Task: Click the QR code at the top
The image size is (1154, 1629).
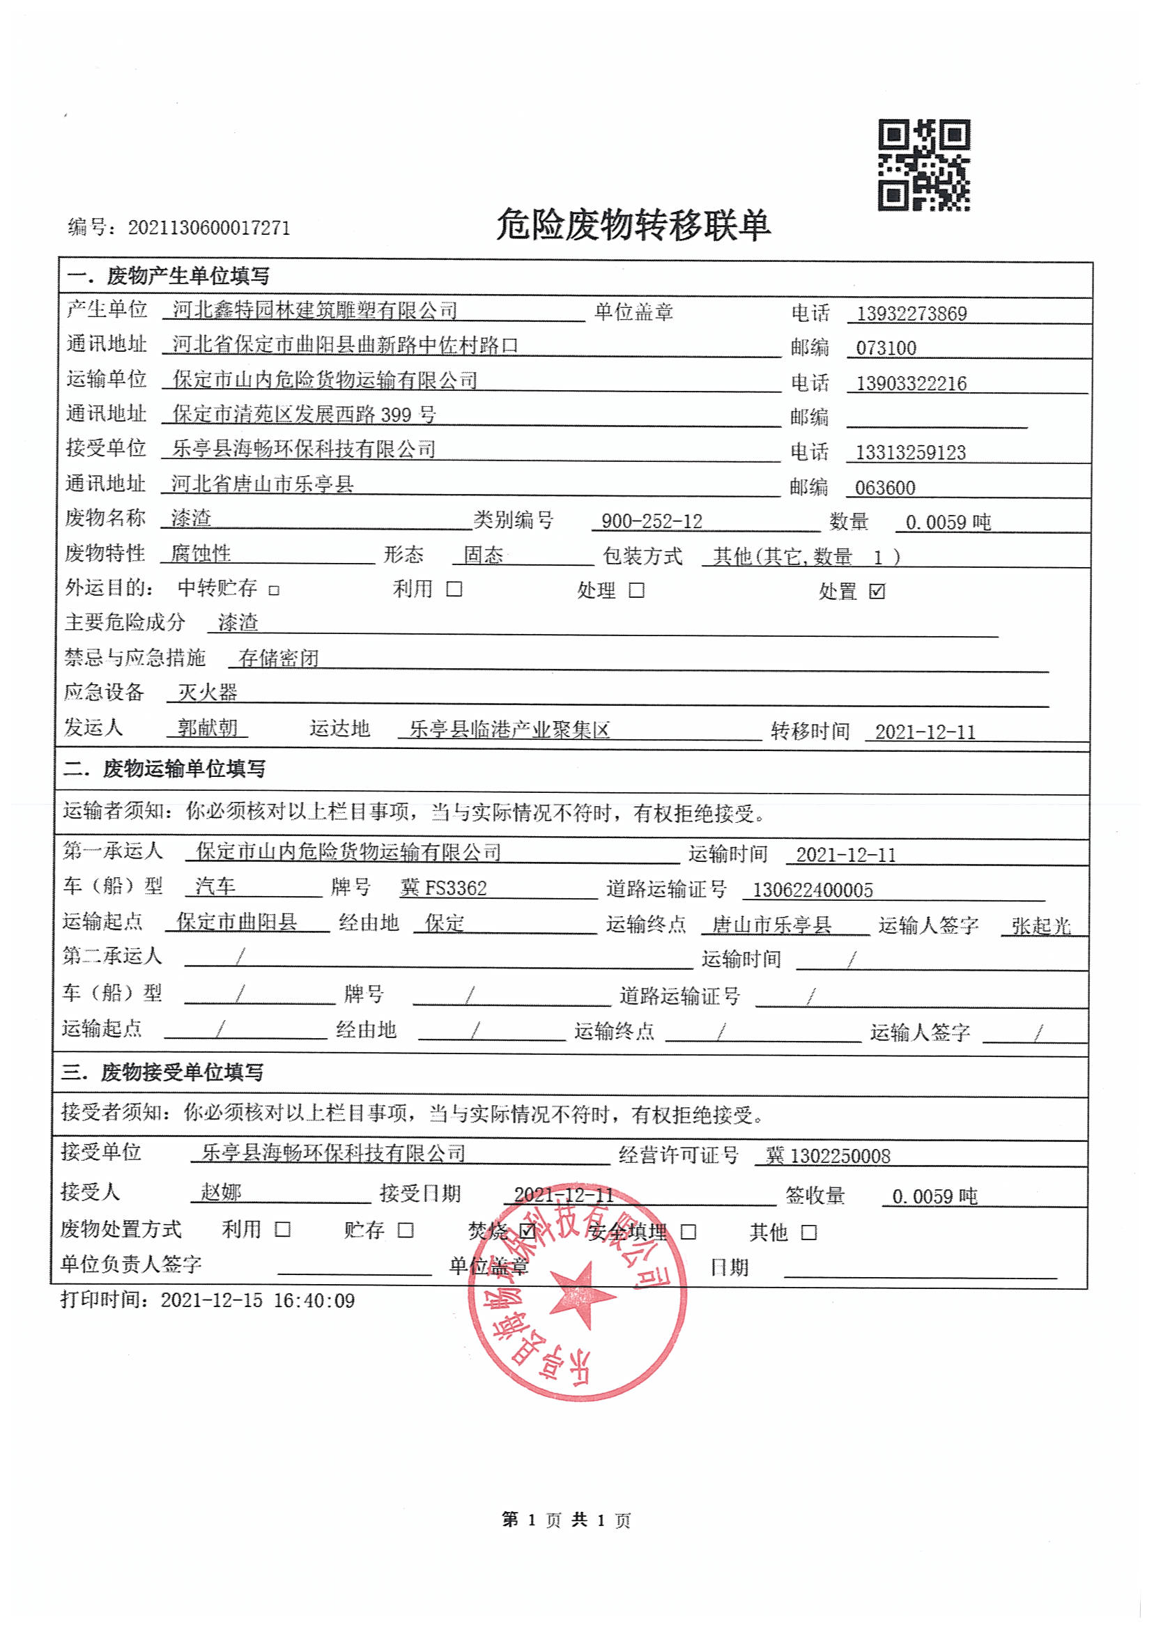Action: [924, 165]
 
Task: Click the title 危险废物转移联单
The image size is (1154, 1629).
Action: [633, 226]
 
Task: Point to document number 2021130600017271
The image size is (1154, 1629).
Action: [209, 228]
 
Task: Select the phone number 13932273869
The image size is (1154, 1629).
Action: [911, 314]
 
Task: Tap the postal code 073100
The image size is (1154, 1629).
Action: [886, 348]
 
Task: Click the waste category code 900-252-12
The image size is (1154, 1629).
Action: [652, 521]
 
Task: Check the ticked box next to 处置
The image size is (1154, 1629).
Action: [877, 591]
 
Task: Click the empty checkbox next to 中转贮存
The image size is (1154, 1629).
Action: [275, 590]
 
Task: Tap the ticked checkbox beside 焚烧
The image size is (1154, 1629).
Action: [528, 1230]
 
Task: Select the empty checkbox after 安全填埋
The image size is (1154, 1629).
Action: [688, 1232]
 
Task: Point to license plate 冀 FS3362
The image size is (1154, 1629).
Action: [443, 888]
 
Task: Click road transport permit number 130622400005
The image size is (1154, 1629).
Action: [813, 890]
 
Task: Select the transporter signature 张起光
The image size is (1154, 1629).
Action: [1041, 926]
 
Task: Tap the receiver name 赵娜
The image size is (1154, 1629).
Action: [221, 1192]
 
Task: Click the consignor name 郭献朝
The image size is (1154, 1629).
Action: [208, 727]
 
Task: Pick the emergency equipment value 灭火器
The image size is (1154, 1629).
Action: [208, 692]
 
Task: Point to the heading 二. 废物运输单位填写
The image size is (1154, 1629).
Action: [164, 769]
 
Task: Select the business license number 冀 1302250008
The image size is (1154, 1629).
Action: [828, 1156]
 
